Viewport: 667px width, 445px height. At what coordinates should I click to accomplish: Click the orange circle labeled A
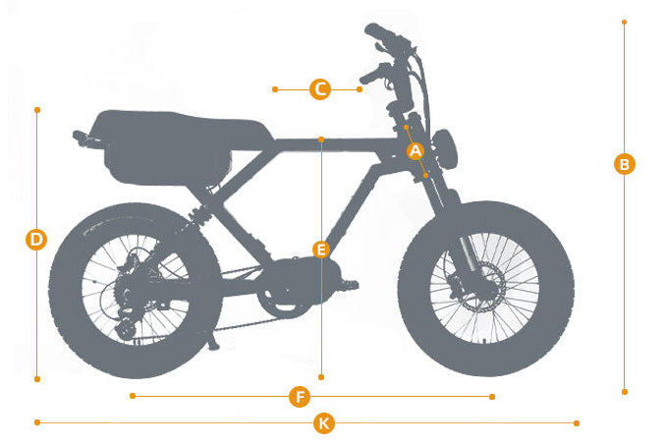tap(416, 151)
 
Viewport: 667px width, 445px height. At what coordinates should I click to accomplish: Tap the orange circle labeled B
tap(625, 164)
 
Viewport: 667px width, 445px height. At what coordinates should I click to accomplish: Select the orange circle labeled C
tap(320, 89)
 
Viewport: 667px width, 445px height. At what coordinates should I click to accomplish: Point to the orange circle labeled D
tap(36, 240)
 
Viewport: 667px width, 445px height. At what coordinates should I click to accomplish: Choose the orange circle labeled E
tap(321, 250)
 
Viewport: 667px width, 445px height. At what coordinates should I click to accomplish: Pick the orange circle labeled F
tap(300, 397)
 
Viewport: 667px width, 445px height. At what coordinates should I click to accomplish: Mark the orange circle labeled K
tap(324, 423)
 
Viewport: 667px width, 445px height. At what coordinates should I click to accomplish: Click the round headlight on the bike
tap(446, 149)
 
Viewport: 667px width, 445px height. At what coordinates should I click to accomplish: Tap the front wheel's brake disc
tap(485, 286)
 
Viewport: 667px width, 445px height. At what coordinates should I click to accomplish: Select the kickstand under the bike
tap(213, 340)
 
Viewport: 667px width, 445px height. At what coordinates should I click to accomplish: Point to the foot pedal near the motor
tap(349, 284)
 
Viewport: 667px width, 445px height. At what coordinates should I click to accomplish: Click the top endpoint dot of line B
tap(624, 22)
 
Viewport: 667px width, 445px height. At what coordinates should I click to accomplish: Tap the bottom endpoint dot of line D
tap(37, 379)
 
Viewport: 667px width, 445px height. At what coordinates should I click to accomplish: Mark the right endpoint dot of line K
tap(577, 422)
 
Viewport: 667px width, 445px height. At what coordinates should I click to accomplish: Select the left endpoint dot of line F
tap(133, 396)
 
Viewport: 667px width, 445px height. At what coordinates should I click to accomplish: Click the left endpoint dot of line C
tap(275, 89)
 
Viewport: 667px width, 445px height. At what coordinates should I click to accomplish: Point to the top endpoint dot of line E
tap(321, 139)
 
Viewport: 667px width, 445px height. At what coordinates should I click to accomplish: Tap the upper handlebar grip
tap(379, 31)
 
